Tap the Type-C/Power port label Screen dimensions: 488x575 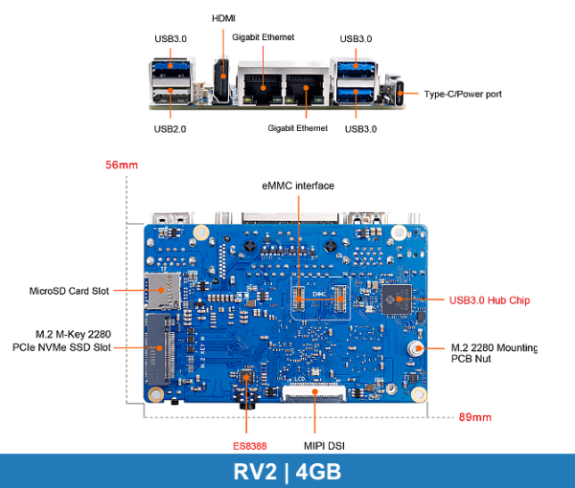coord(462,94)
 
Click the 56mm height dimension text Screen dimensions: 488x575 coord(122,166)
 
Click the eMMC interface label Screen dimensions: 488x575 coord(297,185)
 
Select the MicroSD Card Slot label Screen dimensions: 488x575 coord(70,289)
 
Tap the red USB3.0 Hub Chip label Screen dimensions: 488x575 coord(489,299)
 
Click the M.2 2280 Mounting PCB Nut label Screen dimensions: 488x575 coord(493,353)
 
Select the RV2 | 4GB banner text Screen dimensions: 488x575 coord(287,471)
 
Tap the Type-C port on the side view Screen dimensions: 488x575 coord(395,94)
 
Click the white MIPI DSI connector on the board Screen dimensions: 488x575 coord(316,390)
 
